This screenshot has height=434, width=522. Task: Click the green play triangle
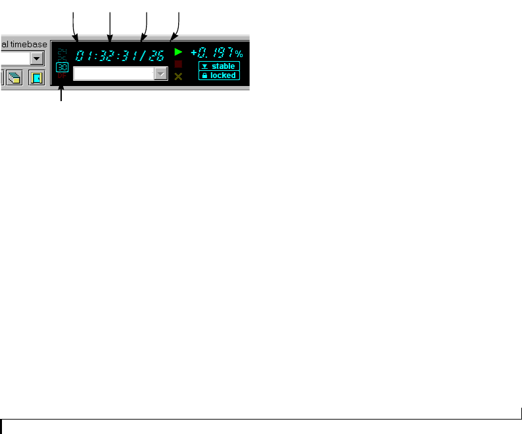(x=178, y=51)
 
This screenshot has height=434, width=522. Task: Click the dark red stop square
(x=178, y=64)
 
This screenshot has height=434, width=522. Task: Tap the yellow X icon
(x=178, y=76)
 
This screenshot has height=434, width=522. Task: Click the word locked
(x=223, y=76)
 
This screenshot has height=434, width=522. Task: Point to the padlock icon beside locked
(x=204, y=76)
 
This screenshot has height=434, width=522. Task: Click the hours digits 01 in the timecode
(x=83, y=55)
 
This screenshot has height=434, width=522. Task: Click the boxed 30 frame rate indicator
(x=62, y=67)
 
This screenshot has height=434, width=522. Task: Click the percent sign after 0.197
(x=239, y=54)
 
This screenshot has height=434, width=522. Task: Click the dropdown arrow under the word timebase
(x=37, y=58)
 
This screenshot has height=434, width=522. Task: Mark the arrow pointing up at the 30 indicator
(x=62, y=95)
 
